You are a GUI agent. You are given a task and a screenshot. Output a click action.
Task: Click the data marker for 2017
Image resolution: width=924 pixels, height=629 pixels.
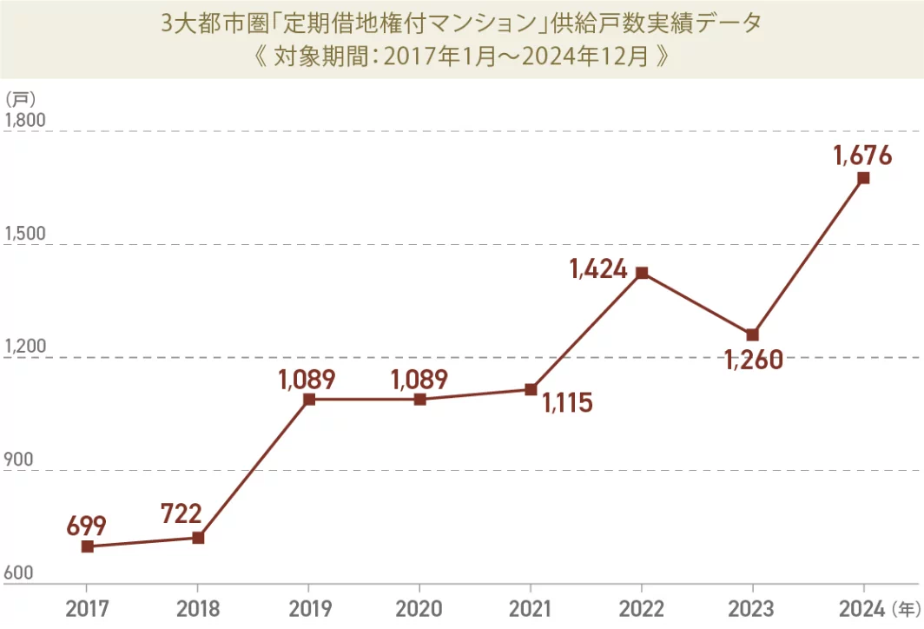point(87,546)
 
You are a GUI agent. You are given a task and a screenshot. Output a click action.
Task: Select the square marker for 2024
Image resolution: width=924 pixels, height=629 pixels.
point(863,178)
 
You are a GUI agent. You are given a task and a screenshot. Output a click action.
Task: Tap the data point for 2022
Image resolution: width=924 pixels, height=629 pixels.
point(642,273)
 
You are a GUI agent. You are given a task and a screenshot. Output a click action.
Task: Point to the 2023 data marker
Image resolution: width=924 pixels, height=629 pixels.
point(752,334)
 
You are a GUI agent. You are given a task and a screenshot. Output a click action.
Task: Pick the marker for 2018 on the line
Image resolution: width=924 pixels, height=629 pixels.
point(198,538)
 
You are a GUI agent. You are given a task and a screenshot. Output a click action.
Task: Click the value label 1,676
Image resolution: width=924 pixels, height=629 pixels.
point(862,156)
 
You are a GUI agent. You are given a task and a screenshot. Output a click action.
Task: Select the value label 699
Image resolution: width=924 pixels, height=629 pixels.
point(86,525)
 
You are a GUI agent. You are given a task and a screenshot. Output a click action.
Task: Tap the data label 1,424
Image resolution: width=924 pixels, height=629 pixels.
point(598,269)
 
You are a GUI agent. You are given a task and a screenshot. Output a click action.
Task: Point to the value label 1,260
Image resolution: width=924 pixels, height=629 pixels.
point(754,359)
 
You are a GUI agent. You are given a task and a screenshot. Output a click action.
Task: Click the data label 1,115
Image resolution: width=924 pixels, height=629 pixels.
point(566,402)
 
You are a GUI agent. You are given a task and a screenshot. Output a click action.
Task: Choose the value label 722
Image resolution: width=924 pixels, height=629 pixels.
point(181,514)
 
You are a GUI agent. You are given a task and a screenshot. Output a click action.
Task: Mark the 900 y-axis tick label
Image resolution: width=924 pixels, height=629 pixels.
point(20,460)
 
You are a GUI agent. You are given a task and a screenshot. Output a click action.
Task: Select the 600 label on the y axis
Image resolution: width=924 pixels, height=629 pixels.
point(20,573)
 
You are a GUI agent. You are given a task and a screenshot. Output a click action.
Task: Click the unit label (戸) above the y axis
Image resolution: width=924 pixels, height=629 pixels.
point(20,98)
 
